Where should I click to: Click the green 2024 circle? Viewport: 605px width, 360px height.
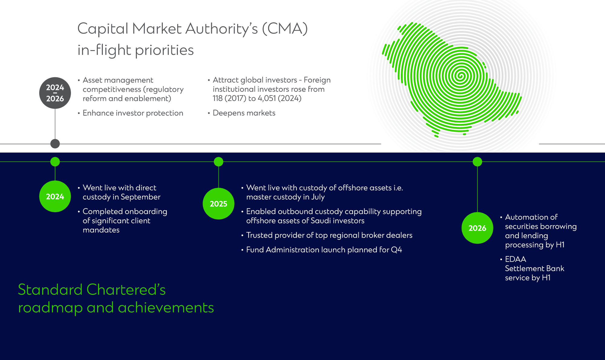55,196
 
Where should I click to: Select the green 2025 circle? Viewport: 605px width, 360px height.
218,204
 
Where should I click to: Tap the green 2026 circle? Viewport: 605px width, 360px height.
477,228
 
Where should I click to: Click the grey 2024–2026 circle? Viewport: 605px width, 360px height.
55,93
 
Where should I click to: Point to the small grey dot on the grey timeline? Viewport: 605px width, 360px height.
55,144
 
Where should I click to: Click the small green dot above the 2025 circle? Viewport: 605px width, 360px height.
218,162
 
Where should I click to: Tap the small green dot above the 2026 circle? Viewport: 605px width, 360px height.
477,162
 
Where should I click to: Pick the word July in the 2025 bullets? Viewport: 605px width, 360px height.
318,197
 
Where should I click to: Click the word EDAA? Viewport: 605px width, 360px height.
515,259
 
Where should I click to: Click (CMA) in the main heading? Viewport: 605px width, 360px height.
285,29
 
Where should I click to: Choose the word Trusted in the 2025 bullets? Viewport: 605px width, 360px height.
259,235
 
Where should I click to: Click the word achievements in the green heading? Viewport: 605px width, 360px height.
166,308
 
